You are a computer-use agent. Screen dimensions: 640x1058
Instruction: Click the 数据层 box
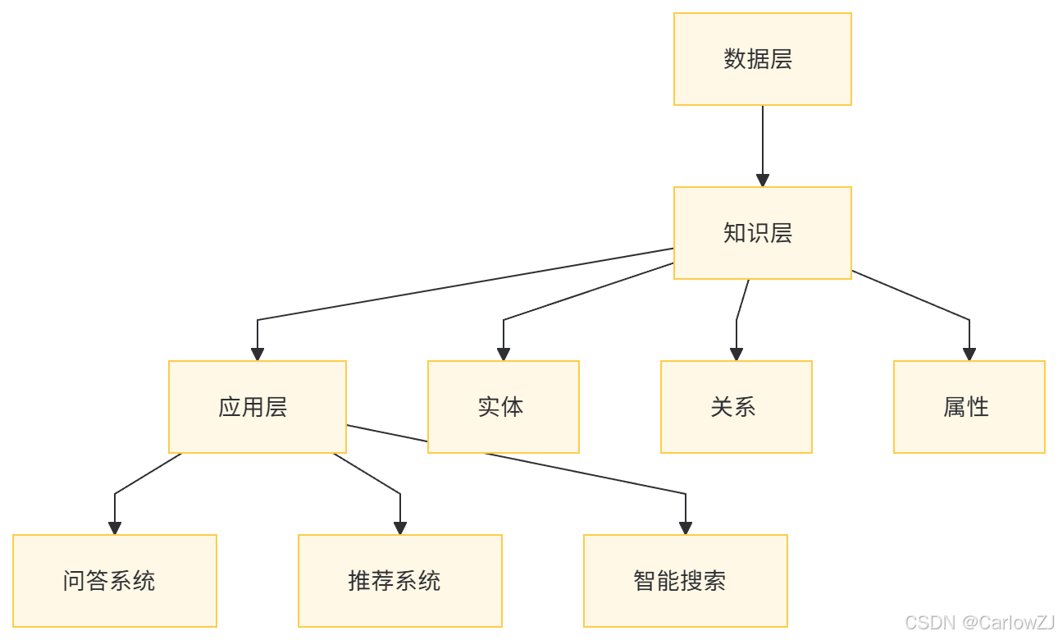pyautogui.click(x=762, y=59)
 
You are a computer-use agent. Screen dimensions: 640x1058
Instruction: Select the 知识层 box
pyautogui.click(x=762, y=233)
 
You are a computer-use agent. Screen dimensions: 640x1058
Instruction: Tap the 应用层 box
pyautogui.click(x=257, y=407)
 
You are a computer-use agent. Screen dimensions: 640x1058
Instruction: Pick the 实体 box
pyautogui.click(x=503, y=407)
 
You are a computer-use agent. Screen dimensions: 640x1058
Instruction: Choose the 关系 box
pyautogui.click(x=736, y=407)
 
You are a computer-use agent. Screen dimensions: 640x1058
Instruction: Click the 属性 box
pyautogui.click(x=969, y=407)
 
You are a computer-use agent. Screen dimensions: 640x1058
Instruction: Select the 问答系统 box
pyautogui.click(x=114, y=581)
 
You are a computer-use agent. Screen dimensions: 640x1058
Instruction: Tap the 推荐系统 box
pyautogui.click(x=399, y=581)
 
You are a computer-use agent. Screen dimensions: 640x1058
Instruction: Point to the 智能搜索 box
pyautogui.click(x=685, y=581)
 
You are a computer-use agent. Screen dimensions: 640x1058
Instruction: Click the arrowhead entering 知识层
pyautogui.click(x=763, y=181)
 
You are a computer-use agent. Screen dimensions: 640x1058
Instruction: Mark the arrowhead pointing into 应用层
pyautogui.click(x=258, y=354)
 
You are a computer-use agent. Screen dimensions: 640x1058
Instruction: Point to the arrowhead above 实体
pyautogui.click(x=504, y=354)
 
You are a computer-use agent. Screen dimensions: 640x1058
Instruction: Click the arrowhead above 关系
pyautogui.click(x=736, y=354)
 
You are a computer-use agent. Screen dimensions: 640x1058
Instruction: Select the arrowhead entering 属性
pyautogui.click(x=969, y=354)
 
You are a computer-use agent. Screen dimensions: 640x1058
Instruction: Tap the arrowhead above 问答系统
pyautogui.click(x=115, y=528)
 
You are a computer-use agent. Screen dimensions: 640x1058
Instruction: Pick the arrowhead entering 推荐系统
pyautogui.click(x=400, y=528)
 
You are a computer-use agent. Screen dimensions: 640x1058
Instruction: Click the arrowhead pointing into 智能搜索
pyautogui.click(x=686, y=528)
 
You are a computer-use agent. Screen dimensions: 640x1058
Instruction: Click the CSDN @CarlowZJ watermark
pyautogui.click(x=978, y=622)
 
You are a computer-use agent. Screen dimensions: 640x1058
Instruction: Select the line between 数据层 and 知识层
pyautogui.click(x=763, y=139)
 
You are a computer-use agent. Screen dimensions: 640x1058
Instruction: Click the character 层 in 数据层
pyautogui.click(x=782, y=59)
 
